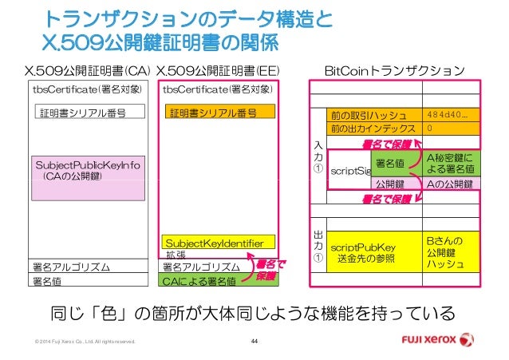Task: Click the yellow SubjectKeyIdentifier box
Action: (217, 241)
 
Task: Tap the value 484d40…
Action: (452, 114)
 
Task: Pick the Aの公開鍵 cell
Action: (452, 184)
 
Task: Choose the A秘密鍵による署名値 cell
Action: (452, 163)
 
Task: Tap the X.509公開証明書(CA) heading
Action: (88, 73)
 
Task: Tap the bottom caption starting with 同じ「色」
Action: (254, 311)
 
